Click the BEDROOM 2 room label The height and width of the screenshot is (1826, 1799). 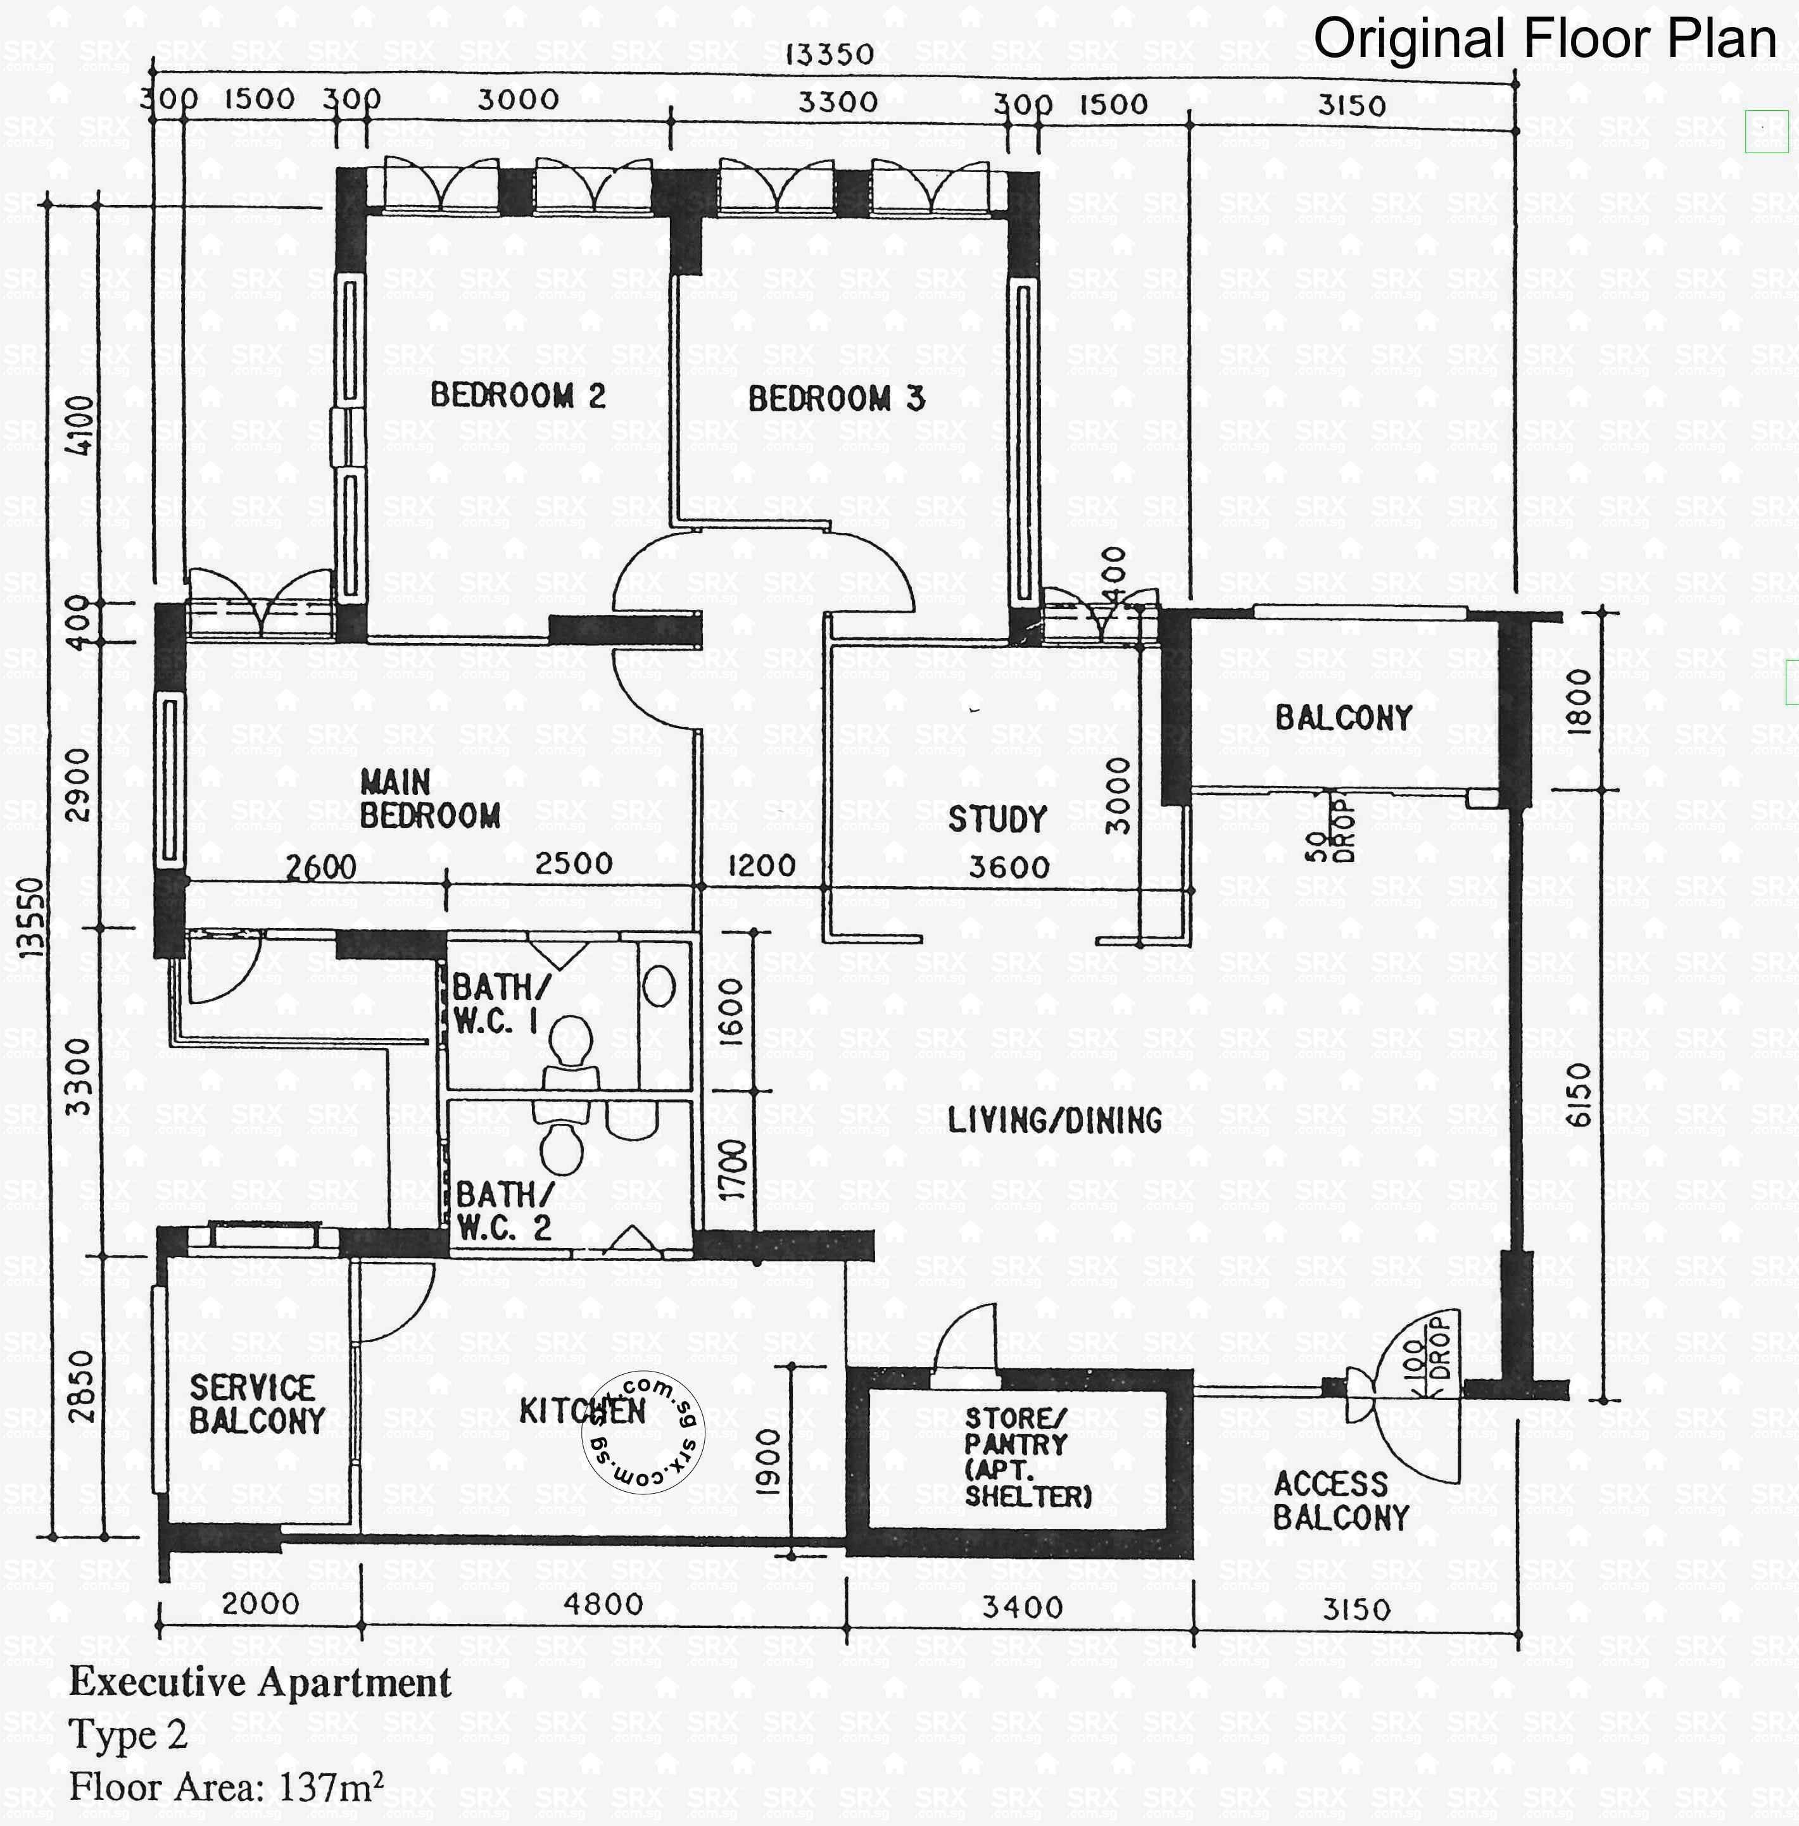[518, 395]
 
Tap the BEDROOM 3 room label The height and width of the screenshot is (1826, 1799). [836, 399]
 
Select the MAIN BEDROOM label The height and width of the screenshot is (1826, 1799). [430, 798]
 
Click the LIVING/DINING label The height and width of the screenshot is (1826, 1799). [1054, 1120]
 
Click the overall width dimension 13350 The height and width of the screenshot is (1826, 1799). [830, 54]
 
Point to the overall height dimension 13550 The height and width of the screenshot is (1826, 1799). [32, 916]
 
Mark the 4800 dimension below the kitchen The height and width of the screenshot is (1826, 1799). [603, 1603]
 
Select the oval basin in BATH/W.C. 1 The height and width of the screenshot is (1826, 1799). [660, 988]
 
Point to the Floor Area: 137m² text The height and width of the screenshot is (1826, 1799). [227, 1786]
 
